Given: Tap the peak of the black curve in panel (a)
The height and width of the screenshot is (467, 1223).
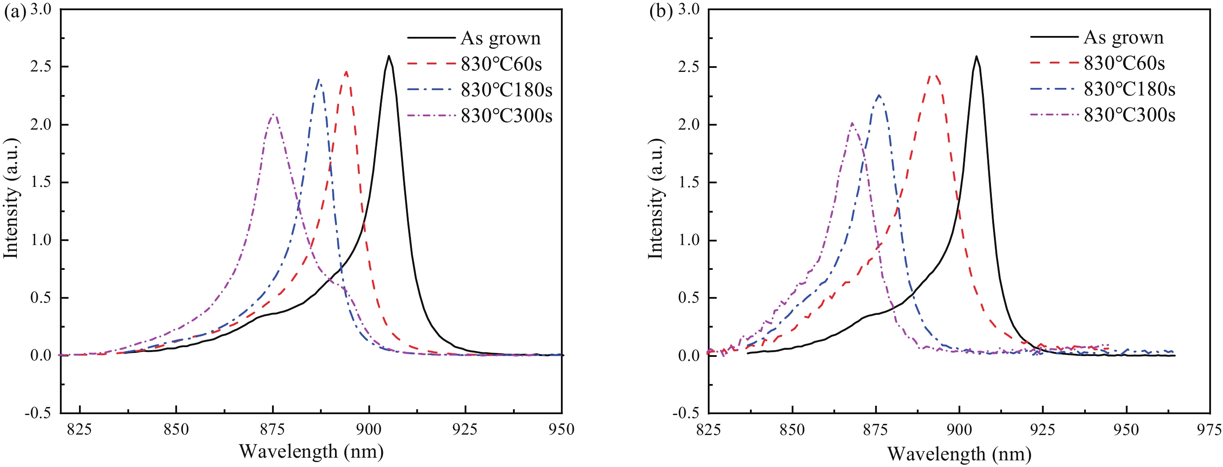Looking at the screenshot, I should tap(389, 56).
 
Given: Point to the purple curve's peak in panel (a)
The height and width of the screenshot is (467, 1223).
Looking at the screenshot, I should tap(273, 115).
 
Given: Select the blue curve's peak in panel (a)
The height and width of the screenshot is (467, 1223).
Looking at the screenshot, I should tap(319, 80).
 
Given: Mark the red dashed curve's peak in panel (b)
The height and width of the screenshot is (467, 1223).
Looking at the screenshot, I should tap(934, 75).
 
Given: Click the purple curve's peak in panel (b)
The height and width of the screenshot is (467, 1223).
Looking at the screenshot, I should tap(852, 123).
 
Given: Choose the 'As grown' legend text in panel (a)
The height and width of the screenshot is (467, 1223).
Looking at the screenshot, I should tap(501, 38).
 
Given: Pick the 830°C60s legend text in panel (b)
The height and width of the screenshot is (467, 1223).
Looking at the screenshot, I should tap(1124, 63).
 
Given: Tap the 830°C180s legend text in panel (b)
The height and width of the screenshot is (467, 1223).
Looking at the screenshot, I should tap(1129, 89).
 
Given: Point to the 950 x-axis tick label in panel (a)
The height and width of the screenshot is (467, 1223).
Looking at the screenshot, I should tap(562, 429).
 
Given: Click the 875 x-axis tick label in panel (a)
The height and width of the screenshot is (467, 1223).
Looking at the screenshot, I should tap(272, 429).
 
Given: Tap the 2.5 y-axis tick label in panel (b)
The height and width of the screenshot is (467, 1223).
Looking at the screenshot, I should tap(688, 67).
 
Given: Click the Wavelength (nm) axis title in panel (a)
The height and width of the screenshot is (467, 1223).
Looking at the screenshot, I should tap(311, 451).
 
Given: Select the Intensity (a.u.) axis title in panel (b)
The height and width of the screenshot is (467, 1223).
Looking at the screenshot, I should tap(655, 198).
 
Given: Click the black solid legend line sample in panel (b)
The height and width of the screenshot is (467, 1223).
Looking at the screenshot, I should tap(1053, 36).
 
